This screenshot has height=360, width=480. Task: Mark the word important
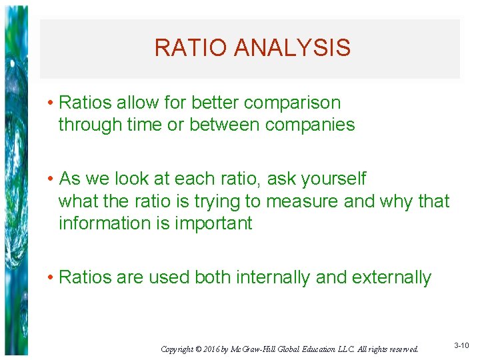(x=213, y=223)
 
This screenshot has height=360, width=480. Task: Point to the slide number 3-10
(x=461, y=346)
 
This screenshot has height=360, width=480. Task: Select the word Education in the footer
(x=317, y=349)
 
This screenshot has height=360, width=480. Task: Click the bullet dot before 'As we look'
(x=51, y=179)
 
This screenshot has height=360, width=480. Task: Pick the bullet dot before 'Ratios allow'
(x=51, y=103)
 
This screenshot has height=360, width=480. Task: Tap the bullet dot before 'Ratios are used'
(x=51, y=278)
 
